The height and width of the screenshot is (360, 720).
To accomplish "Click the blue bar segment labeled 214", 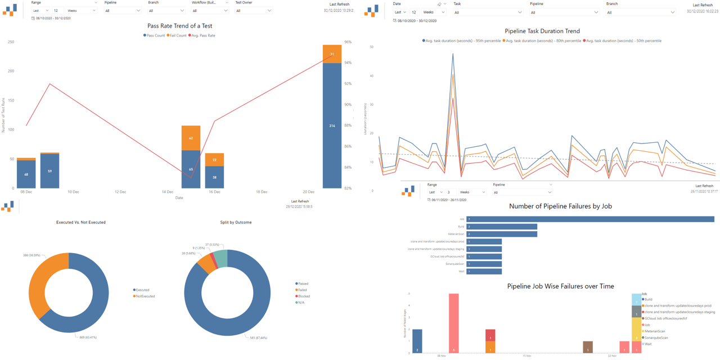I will click(332, 125).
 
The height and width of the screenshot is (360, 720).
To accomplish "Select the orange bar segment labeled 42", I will click(191, 138).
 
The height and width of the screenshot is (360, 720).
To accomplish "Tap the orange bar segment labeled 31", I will click(332, 54).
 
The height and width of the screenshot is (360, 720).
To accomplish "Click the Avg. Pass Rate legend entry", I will click(204, 35).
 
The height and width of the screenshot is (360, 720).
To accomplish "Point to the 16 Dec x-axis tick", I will click(214, 192).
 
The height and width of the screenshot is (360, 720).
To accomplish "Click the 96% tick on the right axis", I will click(348, 42).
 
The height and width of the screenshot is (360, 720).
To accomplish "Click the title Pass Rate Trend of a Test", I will click(179, 26).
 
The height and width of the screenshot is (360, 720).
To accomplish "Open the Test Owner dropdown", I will click(253, 11).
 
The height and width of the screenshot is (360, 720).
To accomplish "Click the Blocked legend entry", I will click(304, 296).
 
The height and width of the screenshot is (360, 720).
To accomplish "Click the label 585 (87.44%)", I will click(259, 337).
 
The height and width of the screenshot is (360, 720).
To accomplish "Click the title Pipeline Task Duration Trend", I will click(542, 31).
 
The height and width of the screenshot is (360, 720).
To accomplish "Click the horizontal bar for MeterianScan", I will click(501, 234).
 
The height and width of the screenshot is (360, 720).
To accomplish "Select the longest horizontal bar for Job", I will click(590, 219).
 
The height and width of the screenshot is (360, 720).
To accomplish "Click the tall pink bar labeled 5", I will click(453, 323).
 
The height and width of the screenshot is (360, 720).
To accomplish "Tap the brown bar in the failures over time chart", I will click(588, 347).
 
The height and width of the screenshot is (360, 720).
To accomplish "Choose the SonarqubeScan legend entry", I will click(656, 337).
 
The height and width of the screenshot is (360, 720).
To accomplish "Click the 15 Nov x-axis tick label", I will click(527, 355).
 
